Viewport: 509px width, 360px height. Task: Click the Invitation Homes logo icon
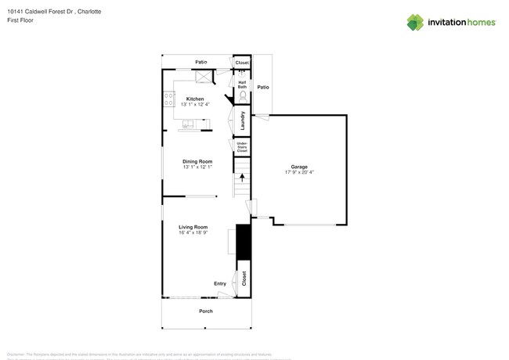[x=416, y=23]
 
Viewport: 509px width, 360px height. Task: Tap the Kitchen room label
[x=195, y=99]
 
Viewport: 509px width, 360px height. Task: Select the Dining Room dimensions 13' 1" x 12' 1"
[x=197, y=167]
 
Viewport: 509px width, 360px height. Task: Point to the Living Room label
[x=192, y=227]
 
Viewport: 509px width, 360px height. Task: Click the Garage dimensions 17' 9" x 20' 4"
[x=299, y=172]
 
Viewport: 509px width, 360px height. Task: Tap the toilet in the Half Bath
[x=243, y=96]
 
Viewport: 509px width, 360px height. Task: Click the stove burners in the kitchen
[x=168, y=99]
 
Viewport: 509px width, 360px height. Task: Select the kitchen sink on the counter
[x=188, y=124]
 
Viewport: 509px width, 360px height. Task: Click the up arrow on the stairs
[x=242, y=178]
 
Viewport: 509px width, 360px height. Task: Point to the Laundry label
[x=244, y=121]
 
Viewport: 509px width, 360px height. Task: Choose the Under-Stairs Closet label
[x=243, y=146]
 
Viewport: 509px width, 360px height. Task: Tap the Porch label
[x=205, y=311]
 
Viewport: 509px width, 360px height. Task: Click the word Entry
[x=220, y=283]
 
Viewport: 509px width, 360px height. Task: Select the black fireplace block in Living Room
[x=243, y=242]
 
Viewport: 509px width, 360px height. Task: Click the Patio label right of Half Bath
[x=263, y=87]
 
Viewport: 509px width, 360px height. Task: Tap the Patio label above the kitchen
[x=201, y=62]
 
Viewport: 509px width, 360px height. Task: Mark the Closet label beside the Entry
[x=244, y=278]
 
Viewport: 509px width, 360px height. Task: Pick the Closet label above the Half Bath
[x=242, y=63]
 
